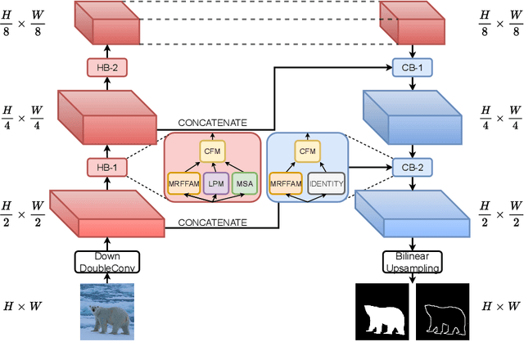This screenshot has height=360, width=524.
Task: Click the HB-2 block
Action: [x=104, y=69]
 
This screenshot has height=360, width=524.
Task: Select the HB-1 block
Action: [x=104, y=168]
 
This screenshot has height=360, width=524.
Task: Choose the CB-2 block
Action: [x=412, y=168]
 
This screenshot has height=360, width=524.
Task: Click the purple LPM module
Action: [x=215, y=184]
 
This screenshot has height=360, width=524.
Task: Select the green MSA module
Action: [x=244, y=184]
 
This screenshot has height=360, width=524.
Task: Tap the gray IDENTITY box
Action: [x=326, y=184]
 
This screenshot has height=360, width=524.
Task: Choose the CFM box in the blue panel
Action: [x=307, y=151]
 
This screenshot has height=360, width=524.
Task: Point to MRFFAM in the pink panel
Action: [x=184, y=184]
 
